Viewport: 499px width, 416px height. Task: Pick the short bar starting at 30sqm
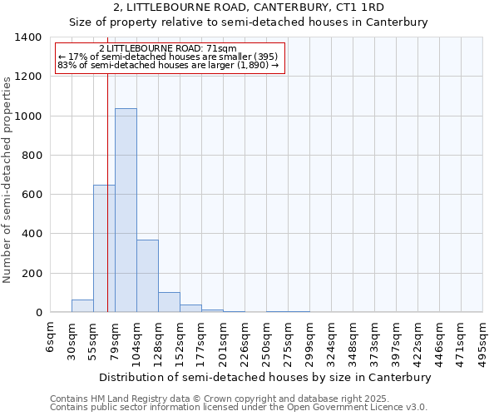tap(82, 306)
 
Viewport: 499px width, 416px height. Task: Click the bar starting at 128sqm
tap(169, 303)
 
